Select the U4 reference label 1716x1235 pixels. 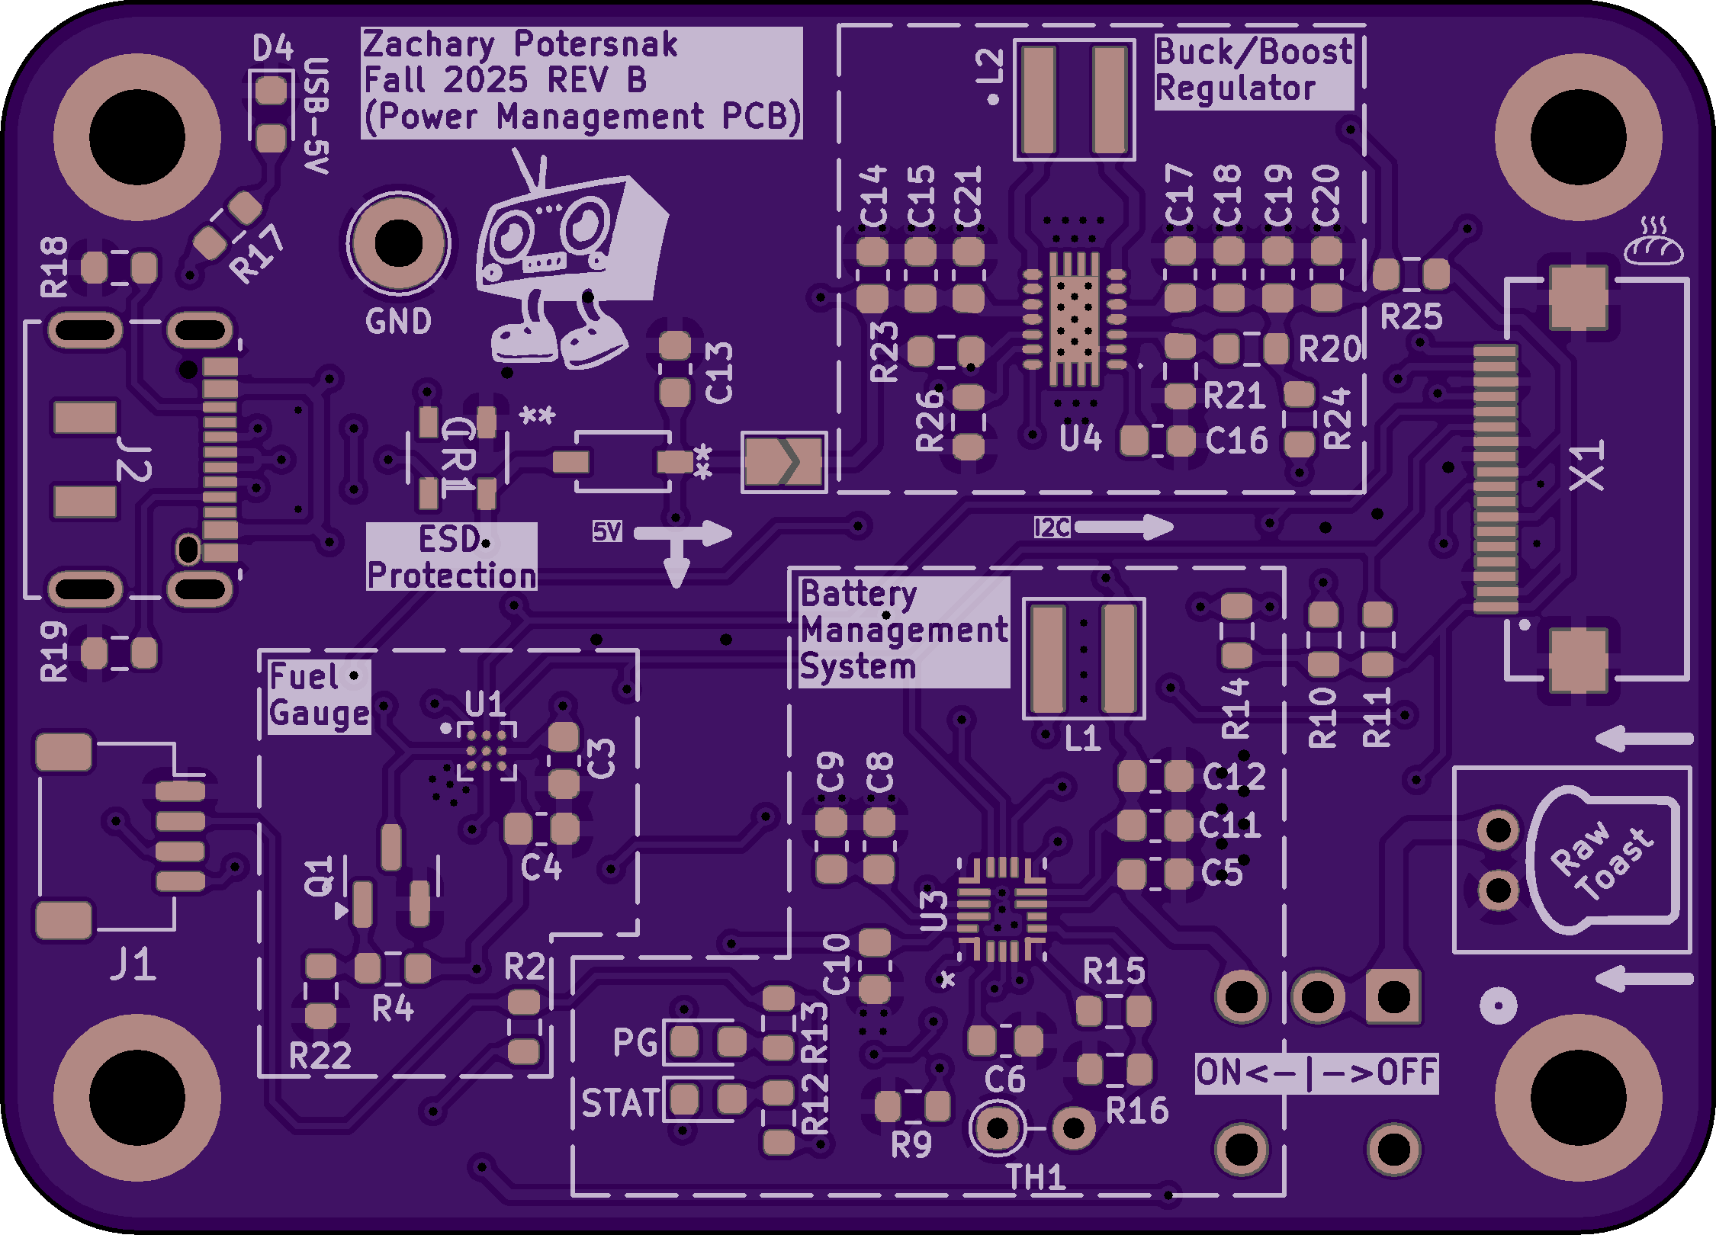pyautogui.click(x=1081, y=438)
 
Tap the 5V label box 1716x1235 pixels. pyautogui.click(x=607, y=531)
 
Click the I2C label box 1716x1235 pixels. pyautogui.click(x=1052, y=527)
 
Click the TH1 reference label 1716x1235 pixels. pyautogui.click(x=1036, y=1178)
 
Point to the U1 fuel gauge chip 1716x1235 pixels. pyautogui.click(x=487, y=752)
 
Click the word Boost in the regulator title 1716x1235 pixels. pyautogui.click(x=1305, y=52)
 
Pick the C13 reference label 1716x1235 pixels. pyautogui.click(x=719, y=373)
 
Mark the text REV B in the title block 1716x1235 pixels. pyautogui.click(x=596, y=80)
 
